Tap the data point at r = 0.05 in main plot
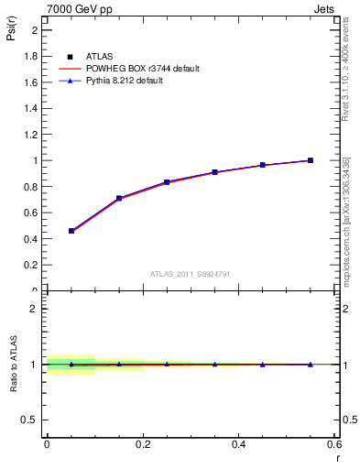(71, 231)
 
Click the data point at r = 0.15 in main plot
(119, 198)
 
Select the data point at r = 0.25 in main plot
(167, 182)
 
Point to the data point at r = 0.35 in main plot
(214, 172)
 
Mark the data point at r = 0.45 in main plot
(262, 165)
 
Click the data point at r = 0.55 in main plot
(311, 160)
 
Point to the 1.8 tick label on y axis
(31, 56)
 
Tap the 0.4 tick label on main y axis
(31, 239)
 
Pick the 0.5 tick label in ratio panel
(31, 420)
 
